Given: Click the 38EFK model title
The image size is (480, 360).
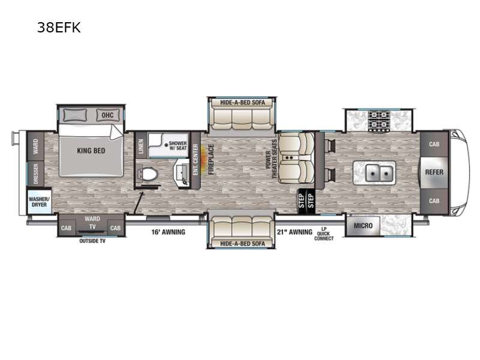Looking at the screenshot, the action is pyautogui.click(x=59, y=28).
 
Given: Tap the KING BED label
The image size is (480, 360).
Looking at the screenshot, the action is pyautogui.click(x=91, y=151).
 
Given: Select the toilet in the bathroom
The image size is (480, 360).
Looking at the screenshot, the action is pyautogui.click(x=148, y=175).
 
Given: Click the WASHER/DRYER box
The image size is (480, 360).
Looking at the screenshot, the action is pyautogui.click(x=38, y=202).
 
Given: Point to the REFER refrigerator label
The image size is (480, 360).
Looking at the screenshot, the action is pyautogui.click(x=434, y=172).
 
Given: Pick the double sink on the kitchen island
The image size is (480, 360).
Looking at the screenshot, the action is pyautogui.click(x=379, y=173).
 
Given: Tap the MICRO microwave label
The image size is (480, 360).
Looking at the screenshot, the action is pyautogui.click(x=363, y=226).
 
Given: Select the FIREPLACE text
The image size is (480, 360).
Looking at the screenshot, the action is pyautogui.click(x=211, y=160).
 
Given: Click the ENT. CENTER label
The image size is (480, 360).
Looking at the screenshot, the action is pyautogui.click(x=196, y=160).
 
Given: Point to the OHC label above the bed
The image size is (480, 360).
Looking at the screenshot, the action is pyautogui.click(x=107, y=115).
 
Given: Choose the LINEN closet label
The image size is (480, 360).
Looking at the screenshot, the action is pyautogui.click(x=141, y=146).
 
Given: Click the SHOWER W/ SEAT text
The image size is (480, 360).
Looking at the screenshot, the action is pyautogui.click(x=178, y=145).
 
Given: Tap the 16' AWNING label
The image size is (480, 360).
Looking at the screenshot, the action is pyautogui.click(x=168, y=232).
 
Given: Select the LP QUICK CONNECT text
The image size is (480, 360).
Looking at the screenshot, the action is pyautogui.click(x=323, y=233).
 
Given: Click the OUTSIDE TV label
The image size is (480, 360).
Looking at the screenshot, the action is pyautogui.click(x=92, y=241).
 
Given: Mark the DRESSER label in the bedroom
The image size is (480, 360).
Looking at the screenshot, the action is pyautogui.click(x=35, y=173).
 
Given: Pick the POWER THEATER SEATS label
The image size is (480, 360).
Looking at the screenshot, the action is pyautogui.click(x=271, y=159).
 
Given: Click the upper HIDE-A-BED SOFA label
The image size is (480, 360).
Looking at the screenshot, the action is pyautogui.click(x=242, y=102).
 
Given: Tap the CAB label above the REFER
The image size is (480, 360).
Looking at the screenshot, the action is pyautogui.click(x=434, y=144).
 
